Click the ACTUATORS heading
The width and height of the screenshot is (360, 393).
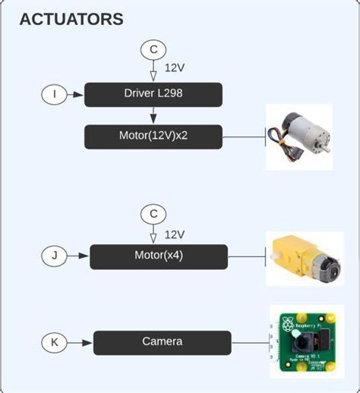click(x=71, y=20)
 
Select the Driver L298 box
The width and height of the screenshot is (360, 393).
click(x=153, y=95)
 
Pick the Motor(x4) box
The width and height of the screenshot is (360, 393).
click(x=159, y=256)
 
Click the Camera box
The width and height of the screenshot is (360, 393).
click(x=162, y=342)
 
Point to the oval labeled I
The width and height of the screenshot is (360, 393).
click(x=55, y=95)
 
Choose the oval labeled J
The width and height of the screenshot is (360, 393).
click(x=55, y=256)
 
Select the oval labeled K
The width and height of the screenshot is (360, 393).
click(x=55, y=342)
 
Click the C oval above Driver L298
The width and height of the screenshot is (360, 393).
click(x=153, y=50)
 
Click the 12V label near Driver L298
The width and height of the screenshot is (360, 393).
click(x=175, y=68)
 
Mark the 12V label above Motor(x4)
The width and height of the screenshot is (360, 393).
click(x=175, y=234)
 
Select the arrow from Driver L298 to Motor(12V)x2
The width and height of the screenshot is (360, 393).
click(x=153, y=115)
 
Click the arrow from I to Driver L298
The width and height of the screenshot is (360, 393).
click(x=76, y=95)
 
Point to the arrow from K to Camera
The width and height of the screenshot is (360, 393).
click(x=81, y=342)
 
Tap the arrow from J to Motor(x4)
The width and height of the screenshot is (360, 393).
click(x=79, y=256)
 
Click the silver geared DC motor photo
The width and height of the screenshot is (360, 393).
click(x=301, y=137)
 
